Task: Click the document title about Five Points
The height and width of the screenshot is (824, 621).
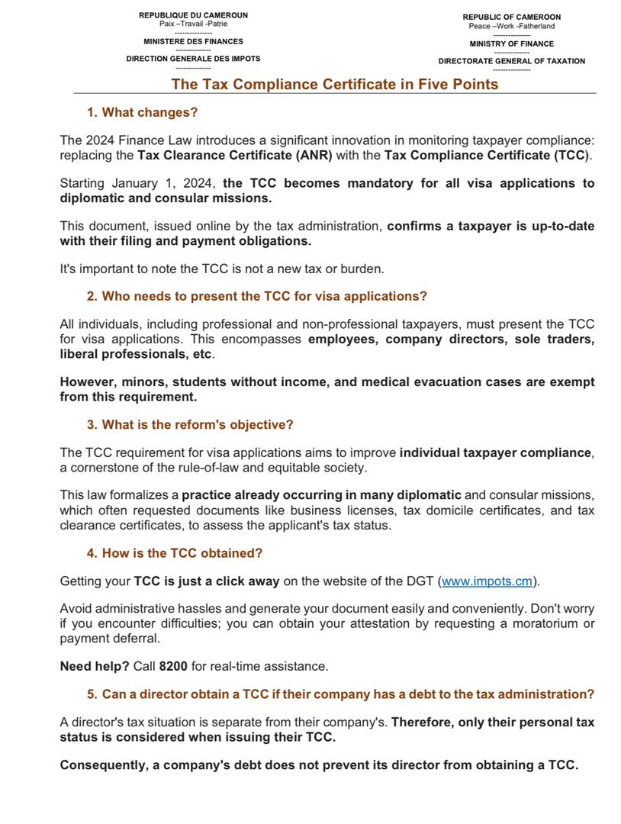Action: [x=334, y=84]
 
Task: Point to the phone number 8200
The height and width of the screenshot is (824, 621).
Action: [x=173, y=666]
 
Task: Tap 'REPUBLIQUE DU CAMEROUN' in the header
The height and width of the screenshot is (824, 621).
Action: [x=193, y=15]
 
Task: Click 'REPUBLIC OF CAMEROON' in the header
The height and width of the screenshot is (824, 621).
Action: [x=511, y=17]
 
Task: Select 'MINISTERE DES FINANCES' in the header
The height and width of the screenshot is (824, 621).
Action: [x=194, y=41]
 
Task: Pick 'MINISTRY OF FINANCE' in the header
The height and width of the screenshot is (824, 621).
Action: [x=511, y=43]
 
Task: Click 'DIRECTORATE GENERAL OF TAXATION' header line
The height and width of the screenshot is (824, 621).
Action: [x=511, y=61]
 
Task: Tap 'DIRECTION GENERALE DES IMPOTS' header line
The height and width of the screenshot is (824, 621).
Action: [x=193, y=59]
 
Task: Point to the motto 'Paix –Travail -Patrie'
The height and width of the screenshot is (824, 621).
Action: [x=193, y=24]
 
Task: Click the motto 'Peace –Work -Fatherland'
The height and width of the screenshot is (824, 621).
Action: [x=511, y=26]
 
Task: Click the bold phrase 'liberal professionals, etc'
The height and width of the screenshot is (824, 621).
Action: [x=137, y=355]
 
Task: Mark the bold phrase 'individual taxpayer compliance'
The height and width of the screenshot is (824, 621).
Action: [x=495, y=452]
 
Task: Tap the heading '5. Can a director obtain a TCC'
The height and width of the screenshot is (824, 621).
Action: [x=340, y=694]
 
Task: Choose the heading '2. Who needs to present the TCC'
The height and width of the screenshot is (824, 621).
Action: [x=256, y=296]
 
